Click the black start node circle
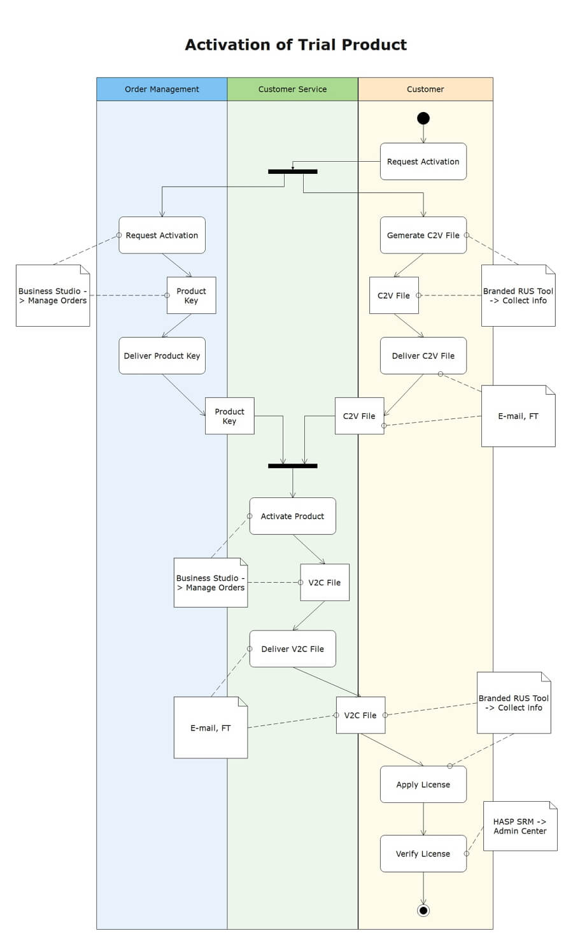pos(423,118)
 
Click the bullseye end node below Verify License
pos(423,910)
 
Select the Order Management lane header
pos(162,89)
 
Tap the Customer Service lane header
pos(292,89)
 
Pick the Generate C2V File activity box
pos(423,235)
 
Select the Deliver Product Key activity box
pos(162,355)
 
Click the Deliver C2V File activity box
pos(423,355)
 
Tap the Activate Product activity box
pos(292,516)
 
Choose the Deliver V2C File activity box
pos(292,648)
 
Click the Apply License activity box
pos(423,784)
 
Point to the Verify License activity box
pos(423,853)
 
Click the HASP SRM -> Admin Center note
pos(520,826)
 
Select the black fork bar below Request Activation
pos(292,171)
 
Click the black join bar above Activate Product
pos(292,465)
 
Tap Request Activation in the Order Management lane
pos(162,235)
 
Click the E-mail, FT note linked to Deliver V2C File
pos(210,727)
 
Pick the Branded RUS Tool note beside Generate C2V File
pos(518,295)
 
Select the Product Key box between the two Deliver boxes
pos(229,416)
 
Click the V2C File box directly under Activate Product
pos(325,582)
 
